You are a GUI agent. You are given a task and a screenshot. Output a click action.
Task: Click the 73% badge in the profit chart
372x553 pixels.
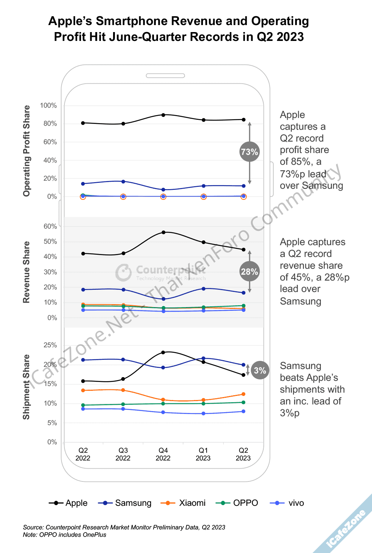click(x=249, y=152)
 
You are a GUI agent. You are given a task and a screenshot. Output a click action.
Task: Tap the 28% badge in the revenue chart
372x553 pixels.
click(x=249, y=272)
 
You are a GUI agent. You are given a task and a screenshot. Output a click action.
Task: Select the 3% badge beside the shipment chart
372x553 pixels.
click(x=260, y=370)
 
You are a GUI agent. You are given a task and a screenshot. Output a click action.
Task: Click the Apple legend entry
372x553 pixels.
click(x=69, y=503)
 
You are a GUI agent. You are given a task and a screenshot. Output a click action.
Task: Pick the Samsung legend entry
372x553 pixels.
click(x=125, y=503)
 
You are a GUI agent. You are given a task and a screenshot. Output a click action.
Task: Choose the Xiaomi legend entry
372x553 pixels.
click(x=183, y=503)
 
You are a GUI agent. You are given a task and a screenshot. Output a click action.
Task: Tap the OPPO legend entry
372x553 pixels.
click(x=237, y=503)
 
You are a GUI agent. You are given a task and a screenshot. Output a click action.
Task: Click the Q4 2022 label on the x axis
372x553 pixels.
click(x=163, y=454)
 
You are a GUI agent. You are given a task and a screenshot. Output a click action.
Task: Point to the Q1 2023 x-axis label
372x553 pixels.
click(x=203, y=454)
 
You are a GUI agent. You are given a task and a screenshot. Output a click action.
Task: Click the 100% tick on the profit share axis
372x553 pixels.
click(x=48, y=105)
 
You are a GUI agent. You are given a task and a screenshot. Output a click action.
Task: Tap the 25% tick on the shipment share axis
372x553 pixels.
click(x=50, y=345)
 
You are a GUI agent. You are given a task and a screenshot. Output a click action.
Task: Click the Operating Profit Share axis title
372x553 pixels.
click(x=27, y=151)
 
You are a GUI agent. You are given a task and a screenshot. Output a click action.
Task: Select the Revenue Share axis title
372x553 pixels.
click(x=26, y=272)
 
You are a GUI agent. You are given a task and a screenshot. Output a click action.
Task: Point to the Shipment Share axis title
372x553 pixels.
click(x=26, y=387)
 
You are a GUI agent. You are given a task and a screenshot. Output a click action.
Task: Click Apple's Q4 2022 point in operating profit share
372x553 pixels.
click(x=163, y=115)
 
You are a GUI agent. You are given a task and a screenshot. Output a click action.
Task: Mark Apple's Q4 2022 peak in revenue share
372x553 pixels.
click(x=163, y=232)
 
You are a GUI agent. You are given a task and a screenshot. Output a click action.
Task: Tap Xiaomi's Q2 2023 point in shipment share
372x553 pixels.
click(x=243, y=394)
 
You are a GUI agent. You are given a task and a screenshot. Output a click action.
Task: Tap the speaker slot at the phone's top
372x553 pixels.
click(x=165, y=76)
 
